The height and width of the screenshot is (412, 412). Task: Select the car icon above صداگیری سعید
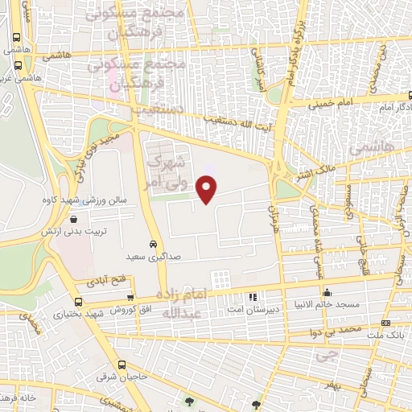[x=153, y=244]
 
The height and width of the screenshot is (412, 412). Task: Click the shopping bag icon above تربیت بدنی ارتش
[x=74, y=218]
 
